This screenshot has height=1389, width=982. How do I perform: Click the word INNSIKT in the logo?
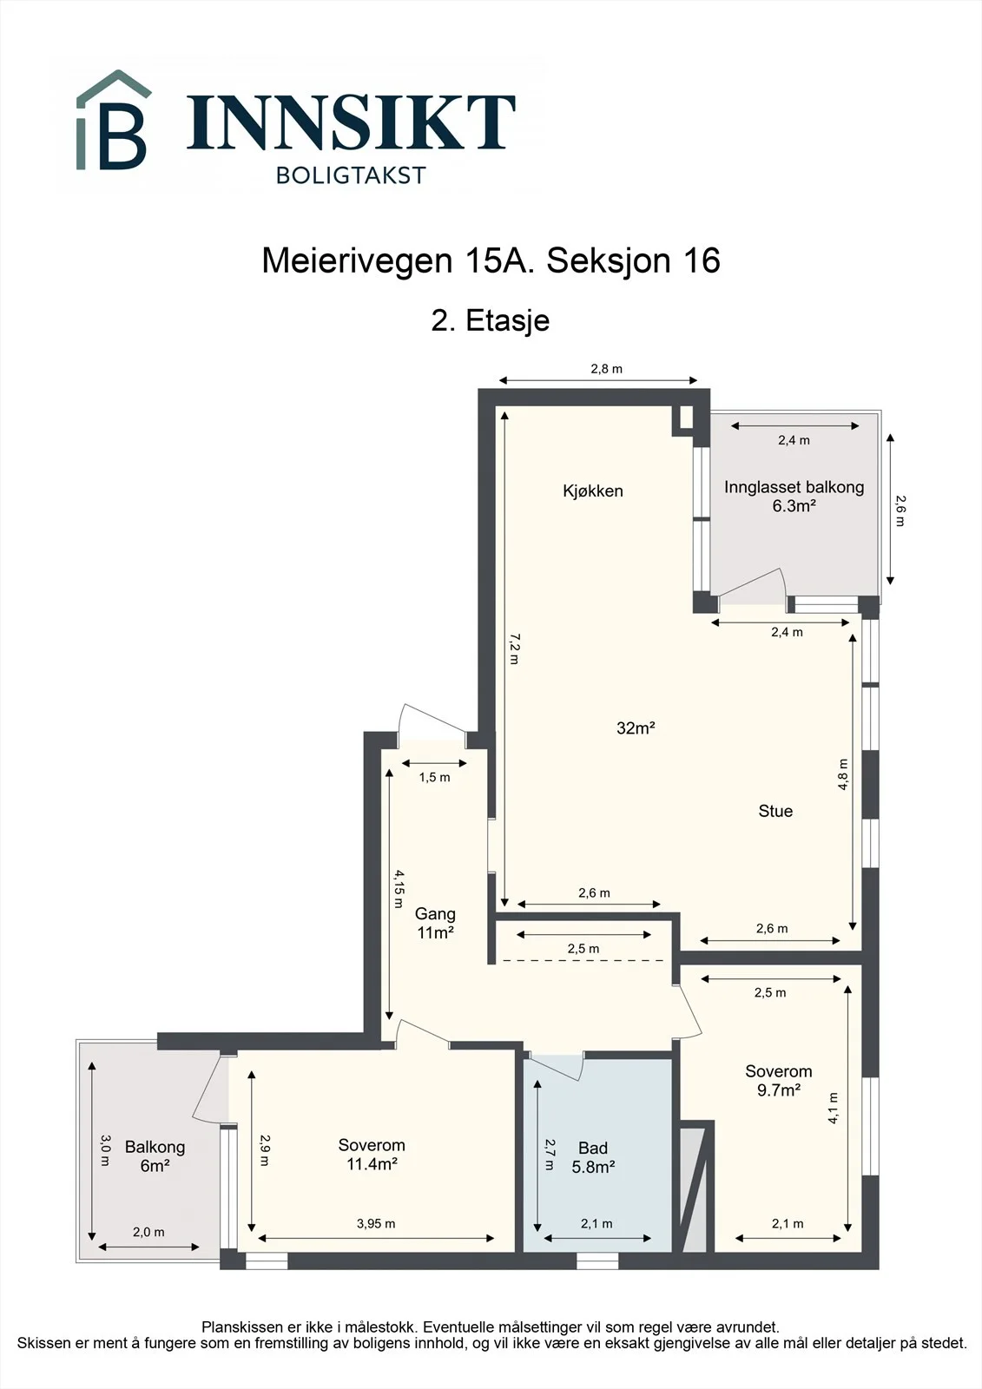point(351,122)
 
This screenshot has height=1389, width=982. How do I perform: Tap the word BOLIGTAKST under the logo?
point(351,175)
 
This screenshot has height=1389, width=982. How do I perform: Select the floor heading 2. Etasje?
point(491,321)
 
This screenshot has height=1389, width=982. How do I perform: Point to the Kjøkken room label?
point(593,491)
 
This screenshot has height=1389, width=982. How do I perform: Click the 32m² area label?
point(636,728)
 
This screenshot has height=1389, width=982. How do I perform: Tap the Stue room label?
point(775,811)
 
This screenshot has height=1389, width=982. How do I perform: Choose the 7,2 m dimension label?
point(514,648)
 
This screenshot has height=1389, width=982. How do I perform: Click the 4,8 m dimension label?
point(842,774)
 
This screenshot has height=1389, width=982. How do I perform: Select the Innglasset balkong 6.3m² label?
point(794,496)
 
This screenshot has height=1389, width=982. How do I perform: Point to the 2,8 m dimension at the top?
point(606,369)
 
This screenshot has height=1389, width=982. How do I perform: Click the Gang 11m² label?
point(436,923)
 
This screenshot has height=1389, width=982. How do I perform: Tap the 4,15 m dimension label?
point(399,889)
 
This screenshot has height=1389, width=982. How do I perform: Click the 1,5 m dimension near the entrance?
point(434,778)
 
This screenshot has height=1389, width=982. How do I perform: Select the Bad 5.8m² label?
point(593,1158)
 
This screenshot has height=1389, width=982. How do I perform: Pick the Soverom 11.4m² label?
point(372,1155)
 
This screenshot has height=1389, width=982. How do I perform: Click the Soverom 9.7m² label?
point(779,1081)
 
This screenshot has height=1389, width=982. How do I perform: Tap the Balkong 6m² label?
point(155,1156)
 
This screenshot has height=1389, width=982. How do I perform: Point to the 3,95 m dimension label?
point(376,1224)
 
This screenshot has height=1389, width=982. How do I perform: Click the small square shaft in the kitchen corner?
point(686,418)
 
